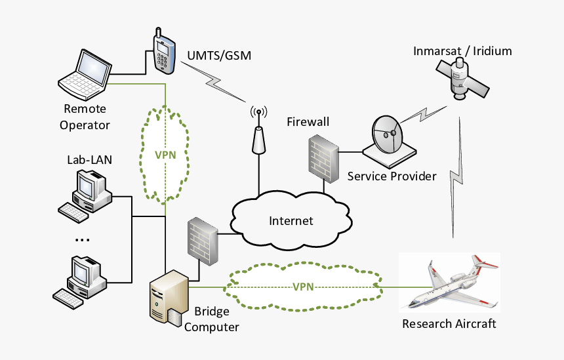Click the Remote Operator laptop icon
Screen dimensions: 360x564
(x=85, y=72)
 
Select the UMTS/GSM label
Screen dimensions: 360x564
(x=219, y=56)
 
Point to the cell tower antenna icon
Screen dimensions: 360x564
(x=259, y=131)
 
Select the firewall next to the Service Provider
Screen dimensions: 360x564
(x=323, y=157)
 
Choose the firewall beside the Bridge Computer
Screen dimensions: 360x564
(x=203, y=239)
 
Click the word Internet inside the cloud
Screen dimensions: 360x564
(x=291, y=220)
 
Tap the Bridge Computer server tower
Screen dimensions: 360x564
(x=166, y=299)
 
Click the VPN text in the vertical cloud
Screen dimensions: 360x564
(x=165, y=155)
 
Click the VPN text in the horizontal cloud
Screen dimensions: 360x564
(x=303, y=287)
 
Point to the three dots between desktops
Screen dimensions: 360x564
(x=82, y=240)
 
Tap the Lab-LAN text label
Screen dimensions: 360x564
(x=85, y=159)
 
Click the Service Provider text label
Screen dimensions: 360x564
(x=392, y=176)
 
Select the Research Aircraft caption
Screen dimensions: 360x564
(x=449, y=323)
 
